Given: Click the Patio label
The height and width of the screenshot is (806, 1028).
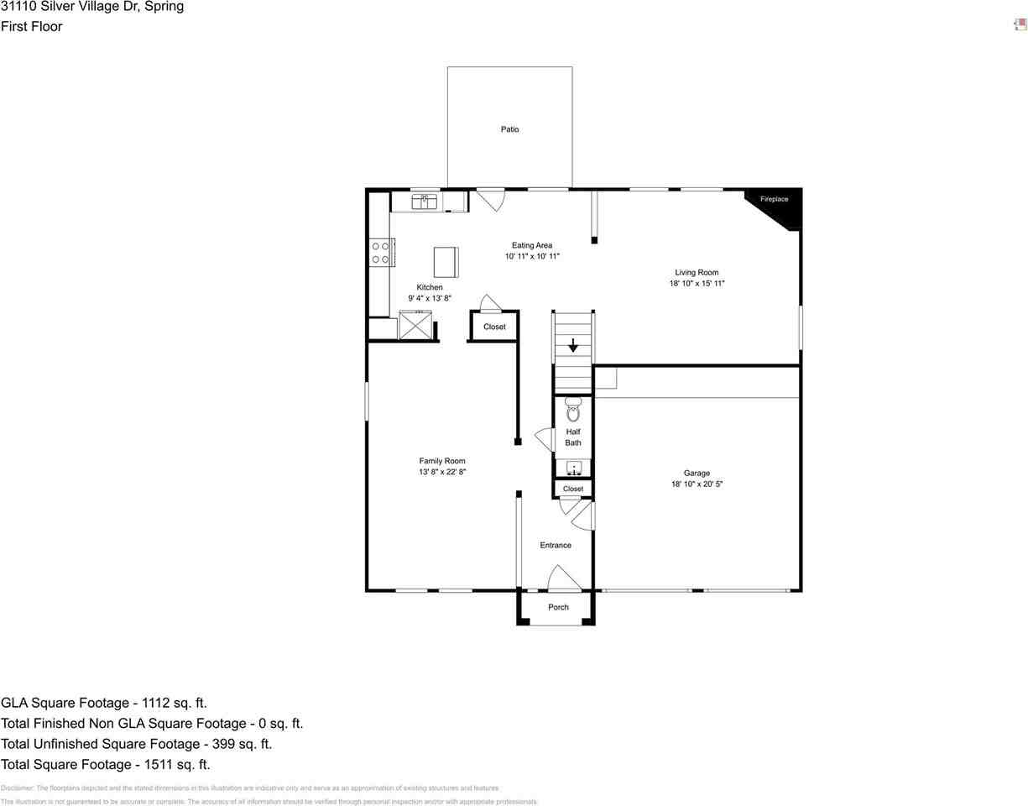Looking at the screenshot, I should (509, 129).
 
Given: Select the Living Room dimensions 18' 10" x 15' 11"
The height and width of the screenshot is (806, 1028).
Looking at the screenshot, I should (697, 284).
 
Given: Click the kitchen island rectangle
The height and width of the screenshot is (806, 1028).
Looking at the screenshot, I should (446, 262).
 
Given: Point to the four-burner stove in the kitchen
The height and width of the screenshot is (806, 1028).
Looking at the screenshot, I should (380, 253).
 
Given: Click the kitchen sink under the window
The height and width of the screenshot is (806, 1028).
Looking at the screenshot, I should (425, 201).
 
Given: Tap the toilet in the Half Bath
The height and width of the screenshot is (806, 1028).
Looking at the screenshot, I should (573, 411).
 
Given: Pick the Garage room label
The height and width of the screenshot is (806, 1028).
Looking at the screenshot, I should (697, 473).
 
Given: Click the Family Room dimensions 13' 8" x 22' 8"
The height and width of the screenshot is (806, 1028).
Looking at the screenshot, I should (442, 472).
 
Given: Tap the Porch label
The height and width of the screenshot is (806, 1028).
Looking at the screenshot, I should (558, 607).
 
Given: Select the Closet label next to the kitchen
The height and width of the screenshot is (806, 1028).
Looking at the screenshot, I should (494, 327).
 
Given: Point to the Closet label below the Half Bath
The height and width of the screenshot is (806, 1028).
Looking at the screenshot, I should (573, 489).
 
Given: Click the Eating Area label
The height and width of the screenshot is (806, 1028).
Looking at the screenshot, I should (532, 245).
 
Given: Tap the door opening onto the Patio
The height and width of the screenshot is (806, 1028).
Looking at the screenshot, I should (491, 199).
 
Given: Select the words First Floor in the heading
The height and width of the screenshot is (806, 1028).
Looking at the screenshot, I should (31, 26).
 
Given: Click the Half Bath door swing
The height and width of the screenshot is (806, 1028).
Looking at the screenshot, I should (544, 440).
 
